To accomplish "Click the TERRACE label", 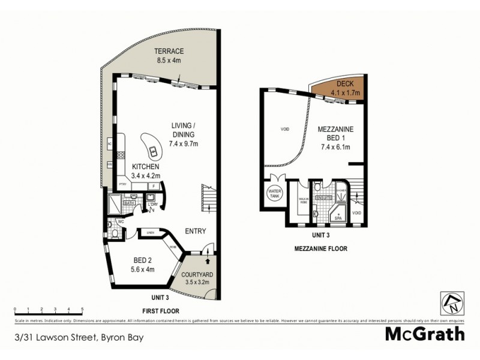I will pyautogui.click(x=168, y=52).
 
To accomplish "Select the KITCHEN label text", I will pyautogui.click(x=146, y=166).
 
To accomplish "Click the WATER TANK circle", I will pyautogui.click(x=275, y=193).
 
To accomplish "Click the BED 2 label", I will pyautogui.click(x=142, y=260).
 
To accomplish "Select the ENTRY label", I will pyautogui.click(x=196, y=231).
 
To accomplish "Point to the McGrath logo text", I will pyautogui.click(x=425, y=333).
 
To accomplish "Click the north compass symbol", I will pyautogui.click(x=450, y=303).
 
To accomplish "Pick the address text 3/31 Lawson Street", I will pyautogui.click(x=80, y=336).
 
